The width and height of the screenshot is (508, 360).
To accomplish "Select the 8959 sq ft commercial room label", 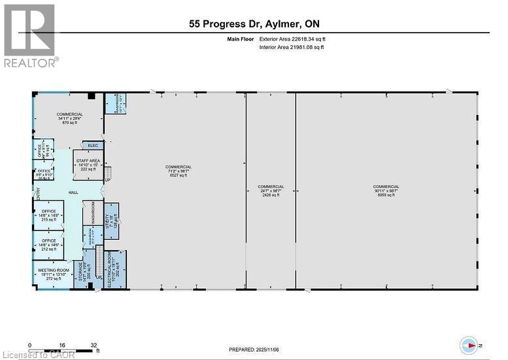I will pos(386,191).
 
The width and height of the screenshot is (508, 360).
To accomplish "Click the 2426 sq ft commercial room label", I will pos(271,191).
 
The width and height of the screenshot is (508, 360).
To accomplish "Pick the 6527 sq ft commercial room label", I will pos(178,171).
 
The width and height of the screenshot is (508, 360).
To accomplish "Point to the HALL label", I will pos(74,193).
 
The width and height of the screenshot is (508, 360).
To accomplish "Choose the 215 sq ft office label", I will pos(50,215).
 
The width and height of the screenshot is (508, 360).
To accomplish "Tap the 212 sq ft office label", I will pos(50,244).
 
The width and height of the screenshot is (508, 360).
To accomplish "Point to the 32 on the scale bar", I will pos(94,346).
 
